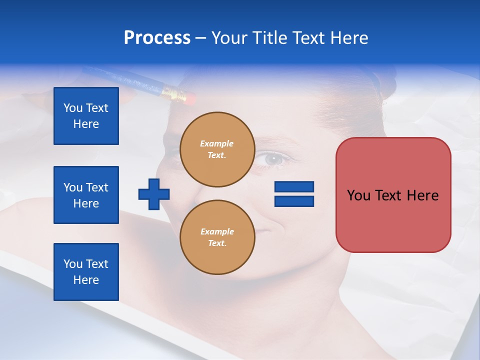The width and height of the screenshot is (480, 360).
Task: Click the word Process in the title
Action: [157, 38]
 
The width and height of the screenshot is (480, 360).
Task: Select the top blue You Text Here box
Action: [86, 116]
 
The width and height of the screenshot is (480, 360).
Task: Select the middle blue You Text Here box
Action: [86, 195]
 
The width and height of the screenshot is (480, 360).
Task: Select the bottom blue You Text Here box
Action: [86, 272]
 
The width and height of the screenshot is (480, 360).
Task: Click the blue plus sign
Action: [154, 194]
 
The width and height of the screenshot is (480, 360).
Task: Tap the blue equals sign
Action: [294, 194]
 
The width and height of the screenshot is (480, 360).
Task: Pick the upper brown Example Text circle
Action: [217, 149]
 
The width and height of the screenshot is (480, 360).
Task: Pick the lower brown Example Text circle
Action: [217, 237]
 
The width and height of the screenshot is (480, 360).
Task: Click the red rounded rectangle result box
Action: [393, 195]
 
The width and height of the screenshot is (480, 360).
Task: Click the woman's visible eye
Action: [274, 159]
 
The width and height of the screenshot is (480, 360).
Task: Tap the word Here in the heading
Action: [349, 38]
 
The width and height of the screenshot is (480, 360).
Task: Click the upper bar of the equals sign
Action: [294, 187]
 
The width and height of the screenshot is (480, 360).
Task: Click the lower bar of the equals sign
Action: [294, 201]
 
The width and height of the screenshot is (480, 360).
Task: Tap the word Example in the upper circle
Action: [217, 143]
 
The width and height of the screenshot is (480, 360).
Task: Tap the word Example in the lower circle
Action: [217, 231]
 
